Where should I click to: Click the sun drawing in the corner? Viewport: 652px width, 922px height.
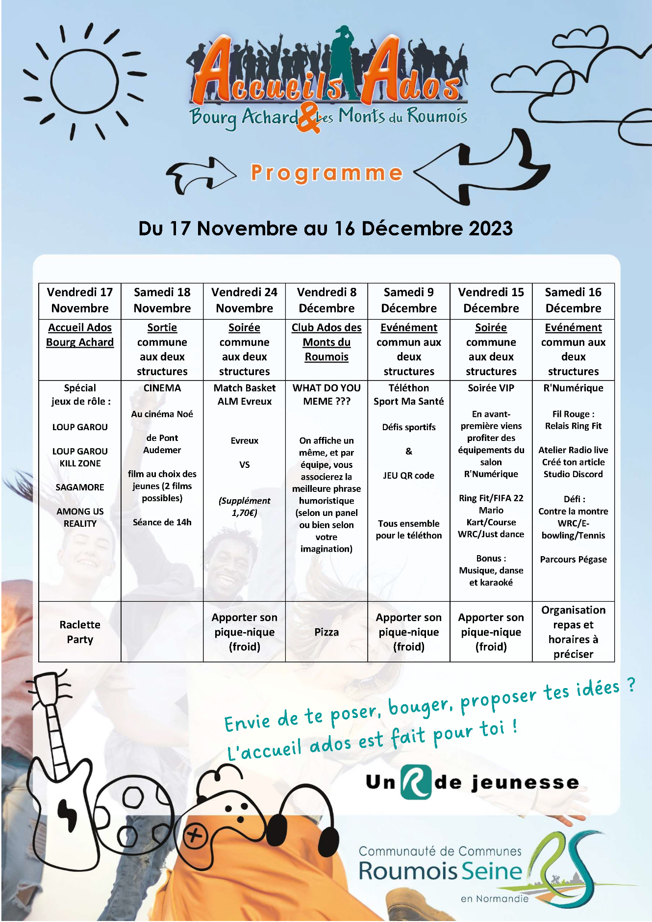click(x=84, y=81)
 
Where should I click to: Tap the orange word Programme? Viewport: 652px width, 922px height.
click(x=326, y=173)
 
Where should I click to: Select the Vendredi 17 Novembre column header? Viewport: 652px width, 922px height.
click(x=80, y=300)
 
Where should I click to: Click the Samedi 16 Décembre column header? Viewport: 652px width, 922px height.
click(x=573, y=300)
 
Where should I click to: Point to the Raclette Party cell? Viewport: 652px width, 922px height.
click(x=80, y=632)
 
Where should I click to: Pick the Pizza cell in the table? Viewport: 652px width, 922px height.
click(x=326, y=632)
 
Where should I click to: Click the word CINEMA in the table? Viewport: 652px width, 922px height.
click(x=162, y=388)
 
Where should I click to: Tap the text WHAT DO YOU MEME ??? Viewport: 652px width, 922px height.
click(x=326, y=394)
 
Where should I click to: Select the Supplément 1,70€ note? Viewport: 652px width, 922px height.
click(x=244, y=507)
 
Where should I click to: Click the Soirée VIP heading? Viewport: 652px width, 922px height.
click(x=491, y=388)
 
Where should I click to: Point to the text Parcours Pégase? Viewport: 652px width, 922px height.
click(x=573, y=559)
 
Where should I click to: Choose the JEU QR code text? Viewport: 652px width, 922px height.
click(x=408, y=475)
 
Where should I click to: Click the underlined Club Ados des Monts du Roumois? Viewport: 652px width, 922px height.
click(x=326, y=342)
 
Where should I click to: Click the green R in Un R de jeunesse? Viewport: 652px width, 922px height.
click(x=416, y=782)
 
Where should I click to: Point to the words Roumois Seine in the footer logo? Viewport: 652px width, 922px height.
click(x=440, y=871)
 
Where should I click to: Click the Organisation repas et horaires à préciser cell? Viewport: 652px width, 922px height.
click(x=573, y=632)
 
